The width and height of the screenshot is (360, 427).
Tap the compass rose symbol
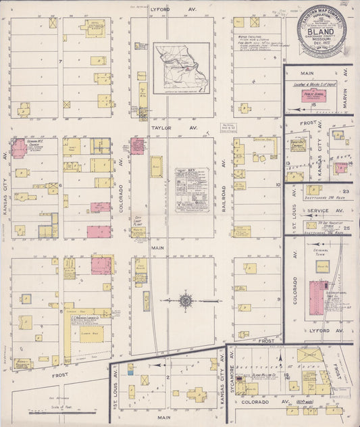(185, 299)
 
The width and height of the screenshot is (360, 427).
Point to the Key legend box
(192, 190)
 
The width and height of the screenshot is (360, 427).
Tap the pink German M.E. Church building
(18, 149)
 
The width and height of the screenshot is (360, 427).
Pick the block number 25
(345, 228)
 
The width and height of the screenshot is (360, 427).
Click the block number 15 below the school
(313, 105)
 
